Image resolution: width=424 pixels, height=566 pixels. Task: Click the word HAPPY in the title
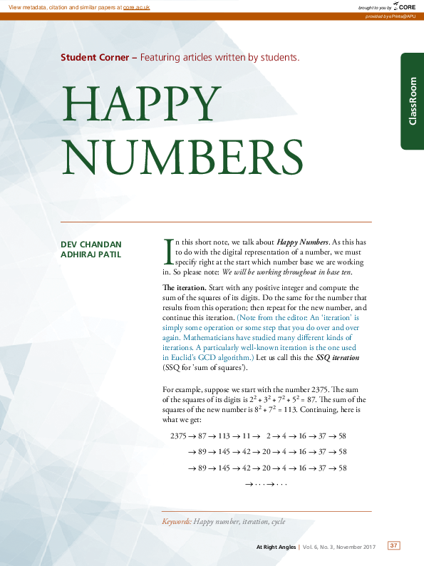[x=140, y=104]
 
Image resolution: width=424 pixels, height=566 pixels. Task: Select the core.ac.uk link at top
[x=136, y=6]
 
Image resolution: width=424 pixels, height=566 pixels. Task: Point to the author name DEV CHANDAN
[x=91, y=245]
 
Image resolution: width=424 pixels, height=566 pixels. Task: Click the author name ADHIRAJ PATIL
[x=91, y=254]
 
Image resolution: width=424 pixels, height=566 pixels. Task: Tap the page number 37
[x=393, y=545]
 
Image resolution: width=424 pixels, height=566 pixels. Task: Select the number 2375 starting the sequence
[x=180, y=436]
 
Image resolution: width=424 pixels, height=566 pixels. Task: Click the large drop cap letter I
[x=168, y=249]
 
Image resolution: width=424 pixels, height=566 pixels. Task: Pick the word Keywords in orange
[x=177, y=523]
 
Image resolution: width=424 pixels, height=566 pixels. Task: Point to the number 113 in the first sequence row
[x=227, y=436]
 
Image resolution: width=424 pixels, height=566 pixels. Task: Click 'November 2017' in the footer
[x=356, y=547]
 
